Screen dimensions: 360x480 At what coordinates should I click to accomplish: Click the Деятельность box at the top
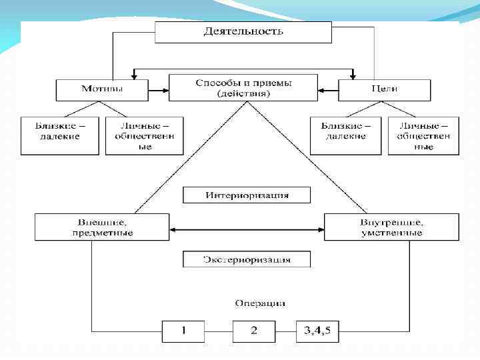click(243, 32)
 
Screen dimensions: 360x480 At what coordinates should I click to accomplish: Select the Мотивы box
click(101, 89)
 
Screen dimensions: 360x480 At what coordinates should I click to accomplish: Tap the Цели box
click(384, 89)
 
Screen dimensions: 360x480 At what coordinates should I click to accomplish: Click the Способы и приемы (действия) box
click(243, 88)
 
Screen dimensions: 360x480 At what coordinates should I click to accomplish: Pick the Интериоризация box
click(247, 195)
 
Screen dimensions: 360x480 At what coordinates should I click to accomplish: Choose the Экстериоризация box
click(247, 259)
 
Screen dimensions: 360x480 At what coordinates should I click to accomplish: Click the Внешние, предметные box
click(102, 227)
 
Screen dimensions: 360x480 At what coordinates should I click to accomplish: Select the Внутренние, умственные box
click(391, 227)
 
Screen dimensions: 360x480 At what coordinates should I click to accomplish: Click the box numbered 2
click(253, 330)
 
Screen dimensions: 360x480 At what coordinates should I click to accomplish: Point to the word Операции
click(260, 303)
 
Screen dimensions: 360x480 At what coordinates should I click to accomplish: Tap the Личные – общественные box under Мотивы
click(144, 135)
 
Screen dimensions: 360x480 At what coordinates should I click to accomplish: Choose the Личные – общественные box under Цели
click(423, 135)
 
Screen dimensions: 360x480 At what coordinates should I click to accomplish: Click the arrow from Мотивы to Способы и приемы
click(158, 89)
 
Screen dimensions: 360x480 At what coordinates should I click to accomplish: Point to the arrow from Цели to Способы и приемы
click(328, 89)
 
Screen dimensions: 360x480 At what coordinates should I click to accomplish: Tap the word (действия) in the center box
click(243, 94)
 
